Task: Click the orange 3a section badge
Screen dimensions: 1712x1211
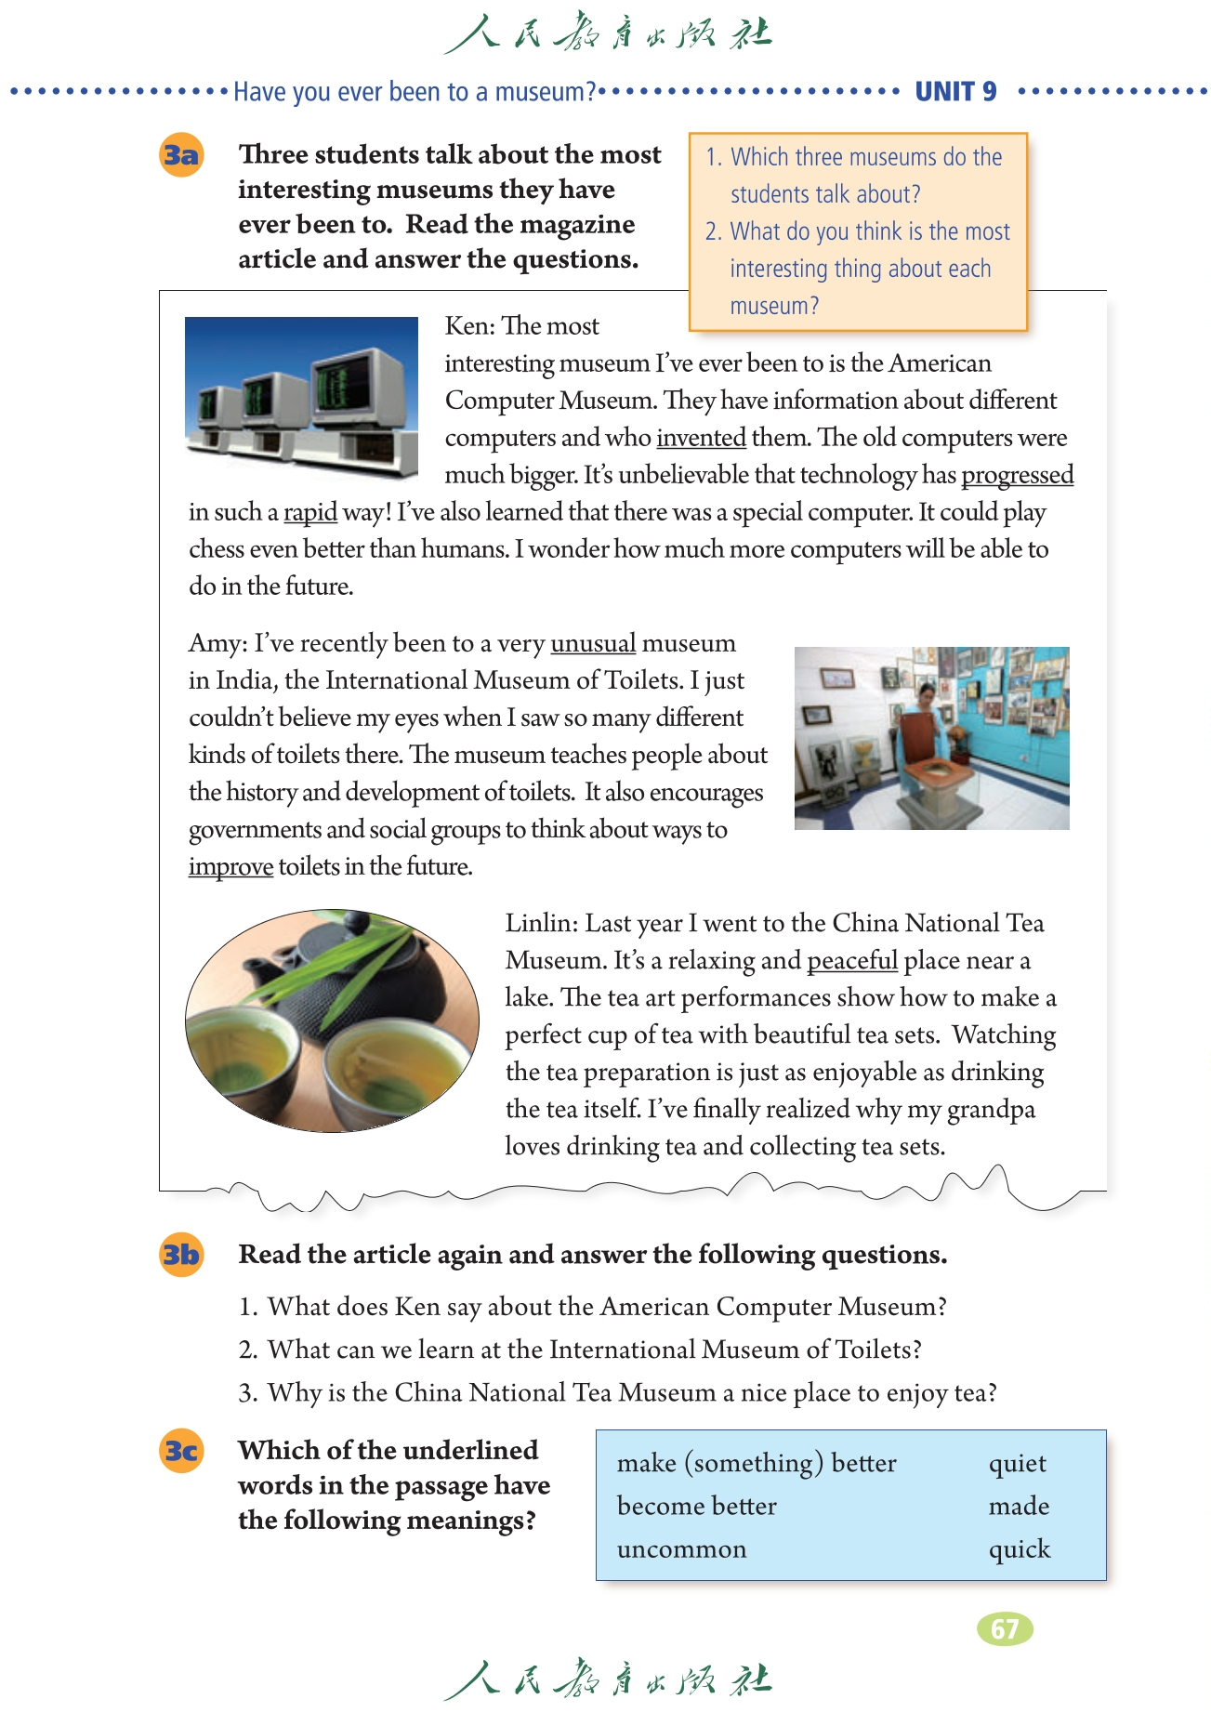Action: click(x=181, y=154)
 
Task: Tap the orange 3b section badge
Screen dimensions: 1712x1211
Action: click(x=181, y=1255)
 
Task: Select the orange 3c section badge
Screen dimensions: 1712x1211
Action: click(x=181, y=1451)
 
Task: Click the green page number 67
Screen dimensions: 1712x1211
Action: click(x=1005, y=1628)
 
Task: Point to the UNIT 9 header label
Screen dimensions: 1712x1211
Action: click(x=955, y=91)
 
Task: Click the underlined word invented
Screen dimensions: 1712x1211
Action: click(x=701, y=438)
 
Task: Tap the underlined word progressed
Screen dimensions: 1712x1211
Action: click(x=1017, y=475)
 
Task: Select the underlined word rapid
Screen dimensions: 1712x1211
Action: click(x=309, y=512)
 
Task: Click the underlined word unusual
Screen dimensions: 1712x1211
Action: click(x=593, y=643)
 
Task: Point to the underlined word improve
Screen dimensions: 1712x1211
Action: click(x=230, y=866)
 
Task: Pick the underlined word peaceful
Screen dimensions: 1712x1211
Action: click(x=851, y=960)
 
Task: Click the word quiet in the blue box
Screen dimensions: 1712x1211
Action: click(x=1017, y=1464)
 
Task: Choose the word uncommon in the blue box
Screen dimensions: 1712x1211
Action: click(x=681, y=1549)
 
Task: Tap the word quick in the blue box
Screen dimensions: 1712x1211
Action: click(x=1019, y=1549)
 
